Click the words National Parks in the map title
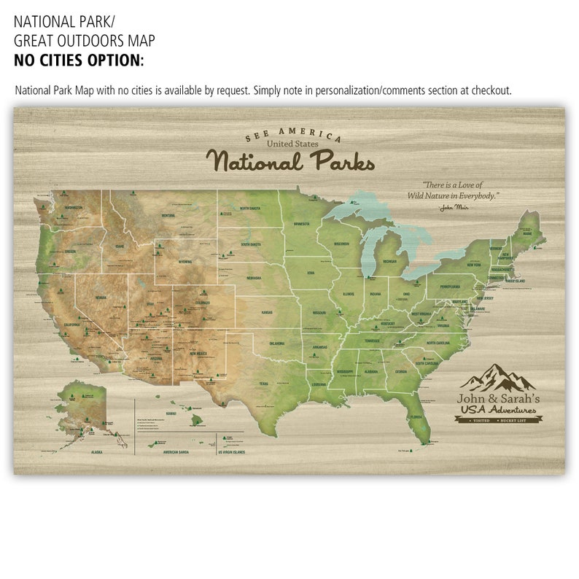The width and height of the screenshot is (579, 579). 290,160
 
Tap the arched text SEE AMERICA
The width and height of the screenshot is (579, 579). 292,136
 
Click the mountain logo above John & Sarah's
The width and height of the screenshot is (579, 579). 498,378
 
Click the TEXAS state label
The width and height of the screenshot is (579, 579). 263,384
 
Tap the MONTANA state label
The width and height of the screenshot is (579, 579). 168,215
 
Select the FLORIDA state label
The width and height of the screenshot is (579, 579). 416,417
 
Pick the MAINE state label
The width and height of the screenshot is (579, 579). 527,233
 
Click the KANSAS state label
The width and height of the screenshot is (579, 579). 268,312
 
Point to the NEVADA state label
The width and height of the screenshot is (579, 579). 100,298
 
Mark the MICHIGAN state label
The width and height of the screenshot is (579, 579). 389,260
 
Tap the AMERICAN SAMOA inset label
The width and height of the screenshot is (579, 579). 181,452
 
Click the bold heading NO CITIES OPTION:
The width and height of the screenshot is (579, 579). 79,61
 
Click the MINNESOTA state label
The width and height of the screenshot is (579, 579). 302,223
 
